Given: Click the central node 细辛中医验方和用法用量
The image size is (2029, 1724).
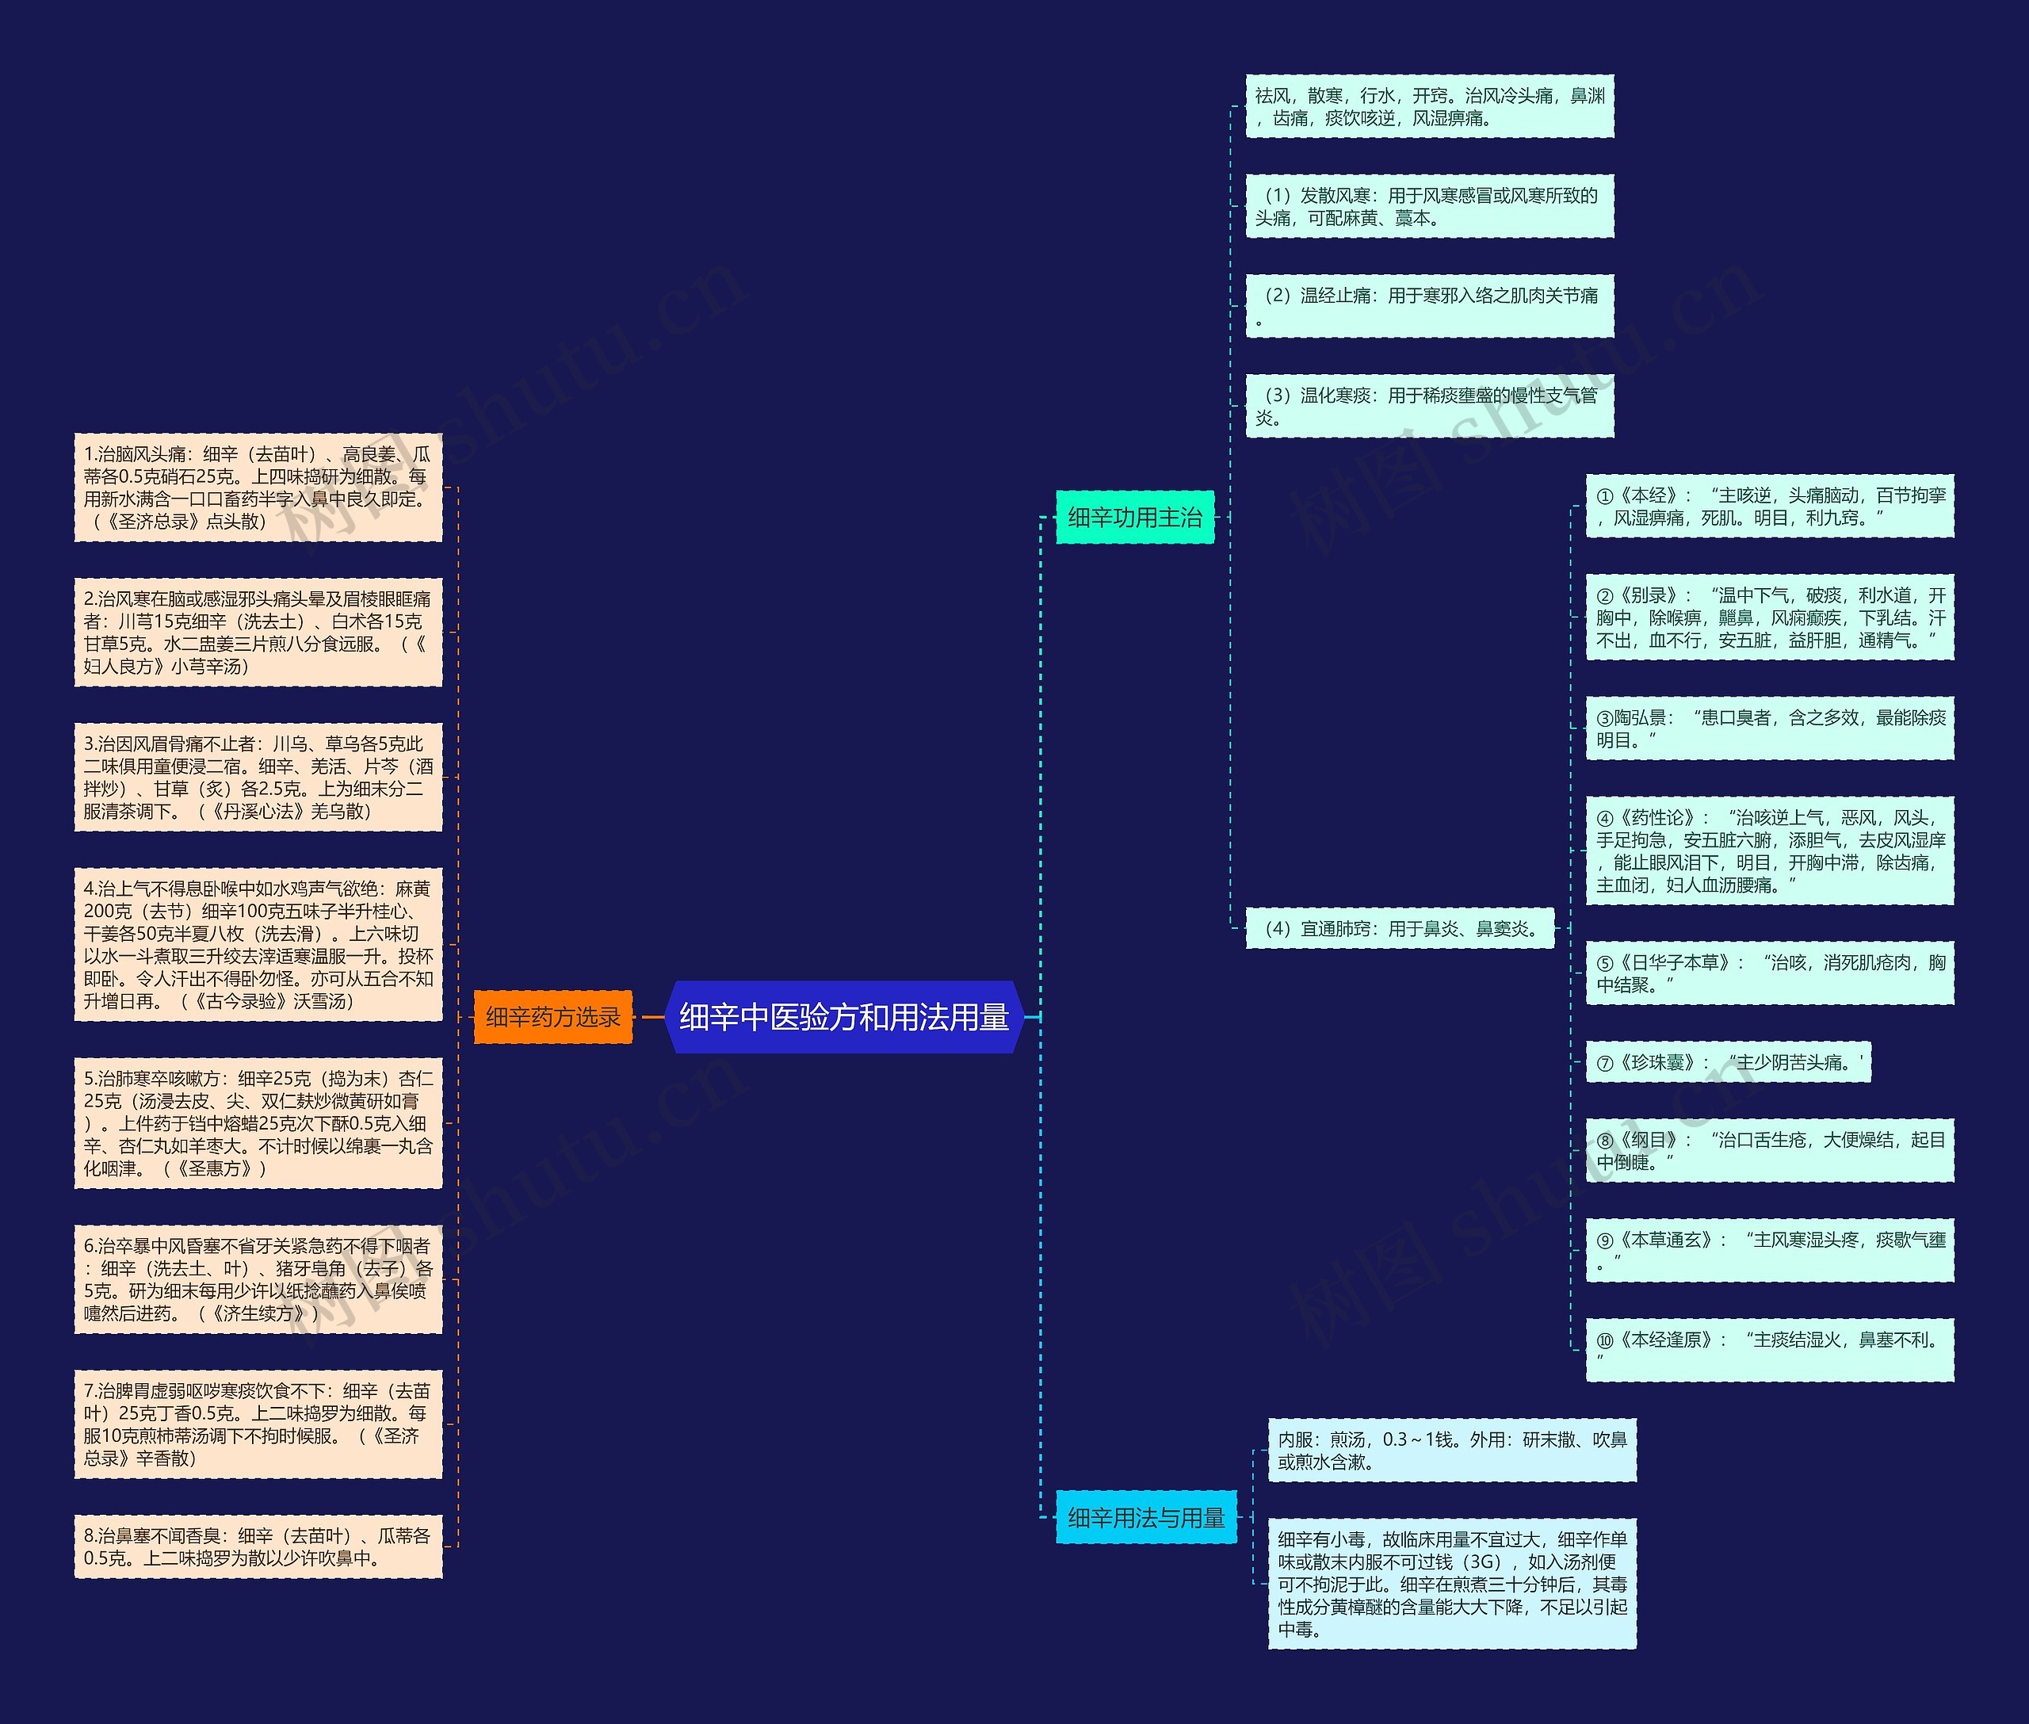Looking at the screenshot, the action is click(x=843, y=1018).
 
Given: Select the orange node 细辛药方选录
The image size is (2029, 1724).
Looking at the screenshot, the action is click(x=552, y=1018).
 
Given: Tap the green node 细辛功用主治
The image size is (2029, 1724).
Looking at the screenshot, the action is click(x=1135, y=517).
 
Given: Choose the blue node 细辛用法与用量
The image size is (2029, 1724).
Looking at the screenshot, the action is click(x=1145, y=1518).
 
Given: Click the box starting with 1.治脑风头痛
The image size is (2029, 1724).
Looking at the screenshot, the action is click(x=258, y=487).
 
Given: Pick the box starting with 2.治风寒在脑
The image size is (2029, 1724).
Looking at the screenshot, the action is click(x=258, y=633).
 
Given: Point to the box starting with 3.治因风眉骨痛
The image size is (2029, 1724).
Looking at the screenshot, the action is click(x=258, y=777).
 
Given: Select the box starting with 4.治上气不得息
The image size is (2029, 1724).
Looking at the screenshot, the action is click(x=258, y=944).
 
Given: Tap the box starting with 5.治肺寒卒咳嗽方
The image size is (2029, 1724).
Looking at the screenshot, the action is click(x=258, y=1123).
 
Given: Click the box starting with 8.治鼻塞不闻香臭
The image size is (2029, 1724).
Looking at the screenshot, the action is click(x=258, y=1546).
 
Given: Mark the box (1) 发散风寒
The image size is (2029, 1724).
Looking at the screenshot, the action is click(x=1429, y=206).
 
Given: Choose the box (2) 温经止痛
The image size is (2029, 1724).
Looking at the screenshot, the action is click(x=1429, y=306).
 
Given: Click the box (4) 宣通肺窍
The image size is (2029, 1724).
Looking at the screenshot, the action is click(x=1400, y=928).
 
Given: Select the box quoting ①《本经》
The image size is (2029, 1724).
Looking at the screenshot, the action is click(x=1769, y=506).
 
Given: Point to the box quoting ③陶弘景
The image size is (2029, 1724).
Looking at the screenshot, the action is click(x=1769, y=729).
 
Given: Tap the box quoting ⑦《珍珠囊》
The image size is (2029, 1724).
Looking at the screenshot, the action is click(x=1727, y=1062).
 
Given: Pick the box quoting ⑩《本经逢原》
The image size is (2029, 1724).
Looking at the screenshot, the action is click(x=1769, y=1350).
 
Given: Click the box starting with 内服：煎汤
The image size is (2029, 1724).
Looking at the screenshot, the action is click(x=1451, y=1451).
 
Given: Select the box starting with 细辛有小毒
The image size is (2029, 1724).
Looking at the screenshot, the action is click(x=1451, y=1583).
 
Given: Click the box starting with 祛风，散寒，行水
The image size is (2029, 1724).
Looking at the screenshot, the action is click(x=1429, y=106).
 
